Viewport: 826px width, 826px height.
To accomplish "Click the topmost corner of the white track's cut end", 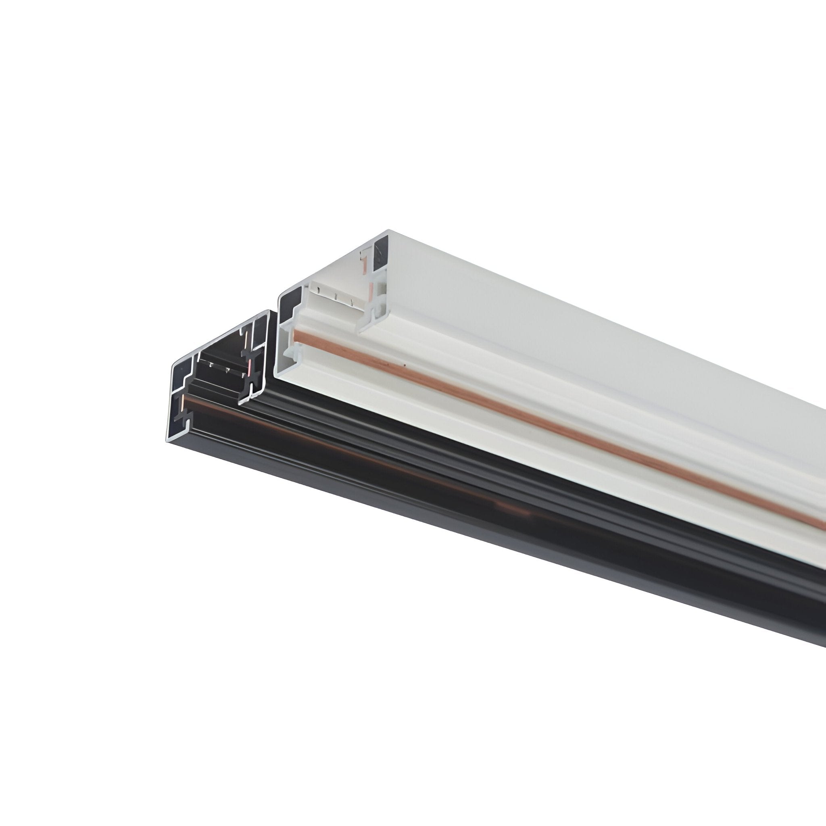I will (388, 231).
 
